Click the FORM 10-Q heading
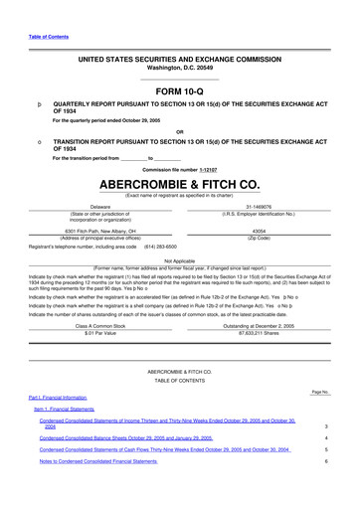point(180,92)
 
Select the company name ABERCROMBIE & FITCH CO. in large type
point(180,184)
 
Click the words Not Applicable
point(180,259)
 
